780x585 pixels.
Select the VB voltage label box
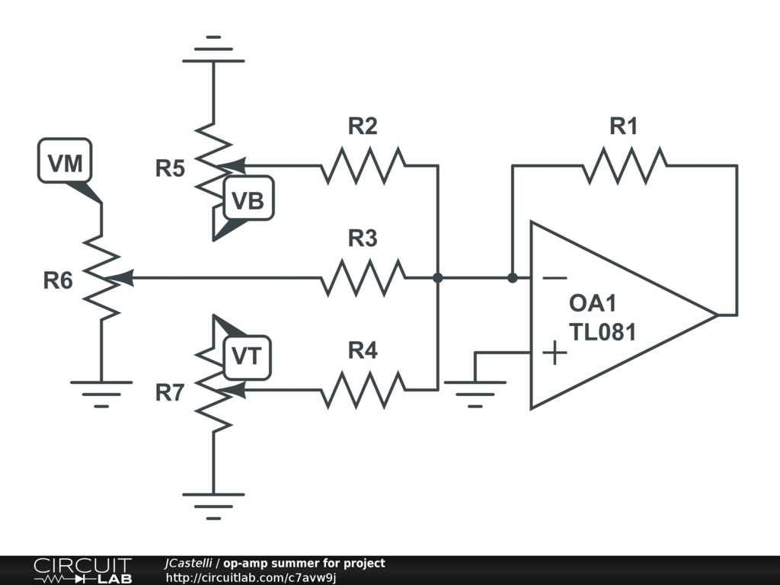pos(248,200)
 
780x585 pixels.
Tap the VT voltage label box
pos(247,356)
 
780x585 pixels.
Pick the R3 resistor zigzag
pos(363,278)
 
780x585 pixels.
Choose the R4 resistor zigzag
pos(363,390)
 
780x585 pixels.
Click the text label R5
pos(170,168)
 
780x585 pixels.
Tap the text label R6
pos(58,280)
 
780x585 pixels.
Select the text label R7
pos(170,393)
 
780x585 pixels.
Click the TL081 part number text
pos(602,332)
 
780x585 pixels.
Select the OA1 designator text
pos(593,303)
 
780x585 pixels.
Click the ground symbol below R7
pos(213,505)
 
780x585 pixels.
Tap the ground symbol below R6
pos(101,392)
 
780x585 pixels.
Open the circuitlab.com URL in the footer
pos(251,577)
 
